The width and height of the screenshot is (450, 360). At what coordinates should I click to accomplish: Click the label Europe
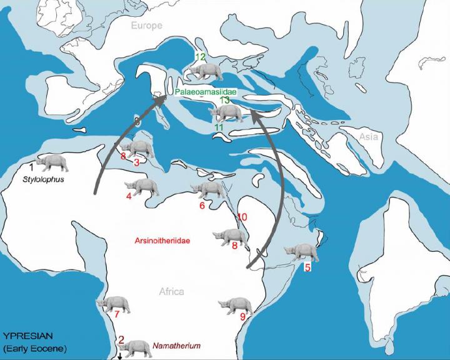(x=146, y=25)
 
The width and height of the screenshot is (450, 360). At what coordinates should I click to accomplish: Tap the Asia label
(x=369, y=136)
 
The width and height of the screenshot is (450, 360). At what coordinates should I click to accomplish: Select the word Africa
(x=171, y=291)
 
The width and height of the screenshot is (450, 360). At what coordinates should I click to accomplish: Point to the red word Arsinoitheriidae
(x=162, y=240)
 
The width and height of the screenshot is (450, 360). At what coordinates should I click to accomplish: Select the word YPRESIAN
(x=27, y=336)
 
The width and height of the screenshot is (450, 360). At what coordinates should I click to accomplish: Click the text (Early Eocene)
(x=35, y=348)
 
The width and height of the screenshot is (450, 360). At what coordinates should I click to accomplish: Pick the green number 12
(x=200, y=57)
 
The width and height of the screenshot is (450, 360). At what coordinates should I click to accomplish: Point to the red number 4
(x=129, y=196)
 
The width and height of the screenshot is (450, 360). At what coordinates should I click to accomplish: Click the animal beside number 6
(x=211, y=189)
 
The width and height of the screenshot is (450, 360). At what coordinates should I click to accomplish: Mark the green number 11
(x=219, y=127)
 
